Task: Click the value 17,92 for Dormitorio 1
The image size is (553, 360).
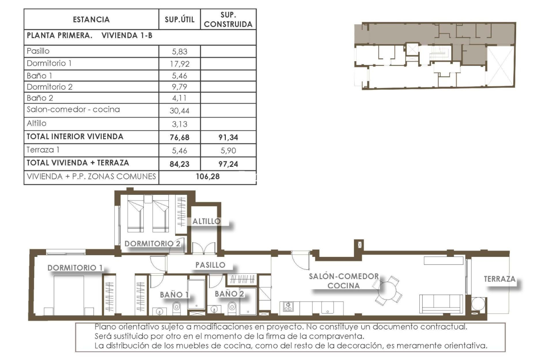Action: (x=180, y=64)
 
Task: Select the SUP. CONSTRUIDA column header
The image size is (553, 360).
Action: (x=228, y=20)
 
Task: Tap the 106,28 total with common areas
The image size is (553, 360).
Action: (x=208, y=176)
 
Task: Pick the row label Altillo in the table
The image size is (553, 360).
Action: (x=37, y=123)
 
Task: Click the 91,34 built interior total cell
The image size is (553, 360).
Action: (x=228, y=137)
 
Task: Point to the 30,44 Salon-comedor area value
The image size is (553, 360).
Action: (x=180, y=110)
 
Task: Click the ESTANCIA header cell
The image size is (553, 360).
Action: (x=91, y=20)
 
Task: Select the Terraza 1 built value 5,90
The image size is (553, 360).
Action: (x=228, y=150)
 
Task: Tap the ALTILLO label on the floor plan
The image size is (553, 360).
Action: (x=206, y=221)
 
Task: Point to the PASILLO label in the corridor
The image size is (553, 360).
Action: (x=210, y=265)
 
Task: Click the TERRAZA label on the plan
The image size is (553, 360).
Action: (x=499, y=279)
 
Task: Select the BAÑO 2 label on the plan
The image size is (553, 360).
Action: (x=229, y=294)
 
